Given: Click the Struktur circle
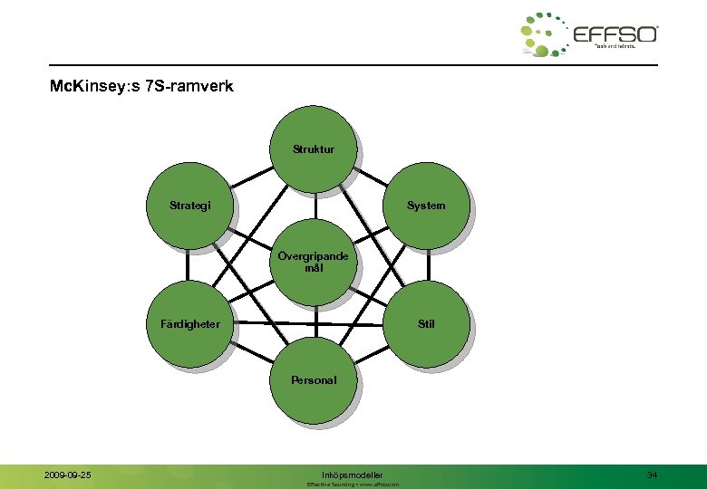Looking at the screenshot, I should point(313,149).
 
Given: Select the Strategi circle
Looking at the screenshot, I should point(189,206).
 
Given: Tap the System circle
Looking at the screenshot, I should point(426,206).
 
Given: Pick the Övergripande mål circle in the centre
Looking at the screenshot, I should point(313,263).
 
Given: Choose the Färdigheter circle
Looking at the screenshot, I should point(189,323).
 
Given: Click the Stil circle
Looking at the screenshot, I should point(426,323).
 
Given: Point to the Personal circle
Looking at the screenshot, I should point(313,380).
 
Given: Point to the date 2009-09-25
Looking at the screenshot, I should point(68,475).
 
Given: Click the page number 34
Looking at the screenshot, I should point(652,475).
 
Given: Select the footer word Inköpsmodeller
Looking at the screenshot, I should point(353,475).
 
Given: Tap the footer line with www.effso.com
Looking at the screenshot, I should point(353,484).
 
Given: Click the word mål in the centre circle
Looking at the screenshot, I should point(313,269).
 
